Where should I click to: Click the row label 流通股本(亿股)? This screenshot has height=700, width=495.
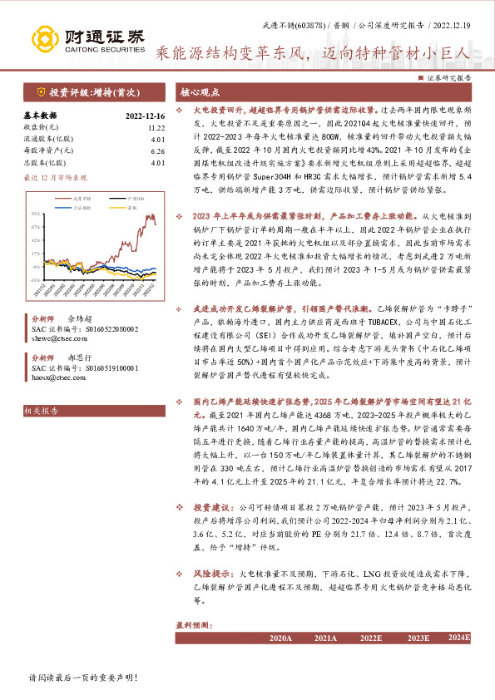tap(50, 140)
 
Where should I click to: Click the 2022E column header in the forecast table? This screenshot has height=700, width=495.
tap(371, 638)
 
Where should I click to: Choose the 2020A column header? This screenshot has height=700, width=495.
tap(281, 638)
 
